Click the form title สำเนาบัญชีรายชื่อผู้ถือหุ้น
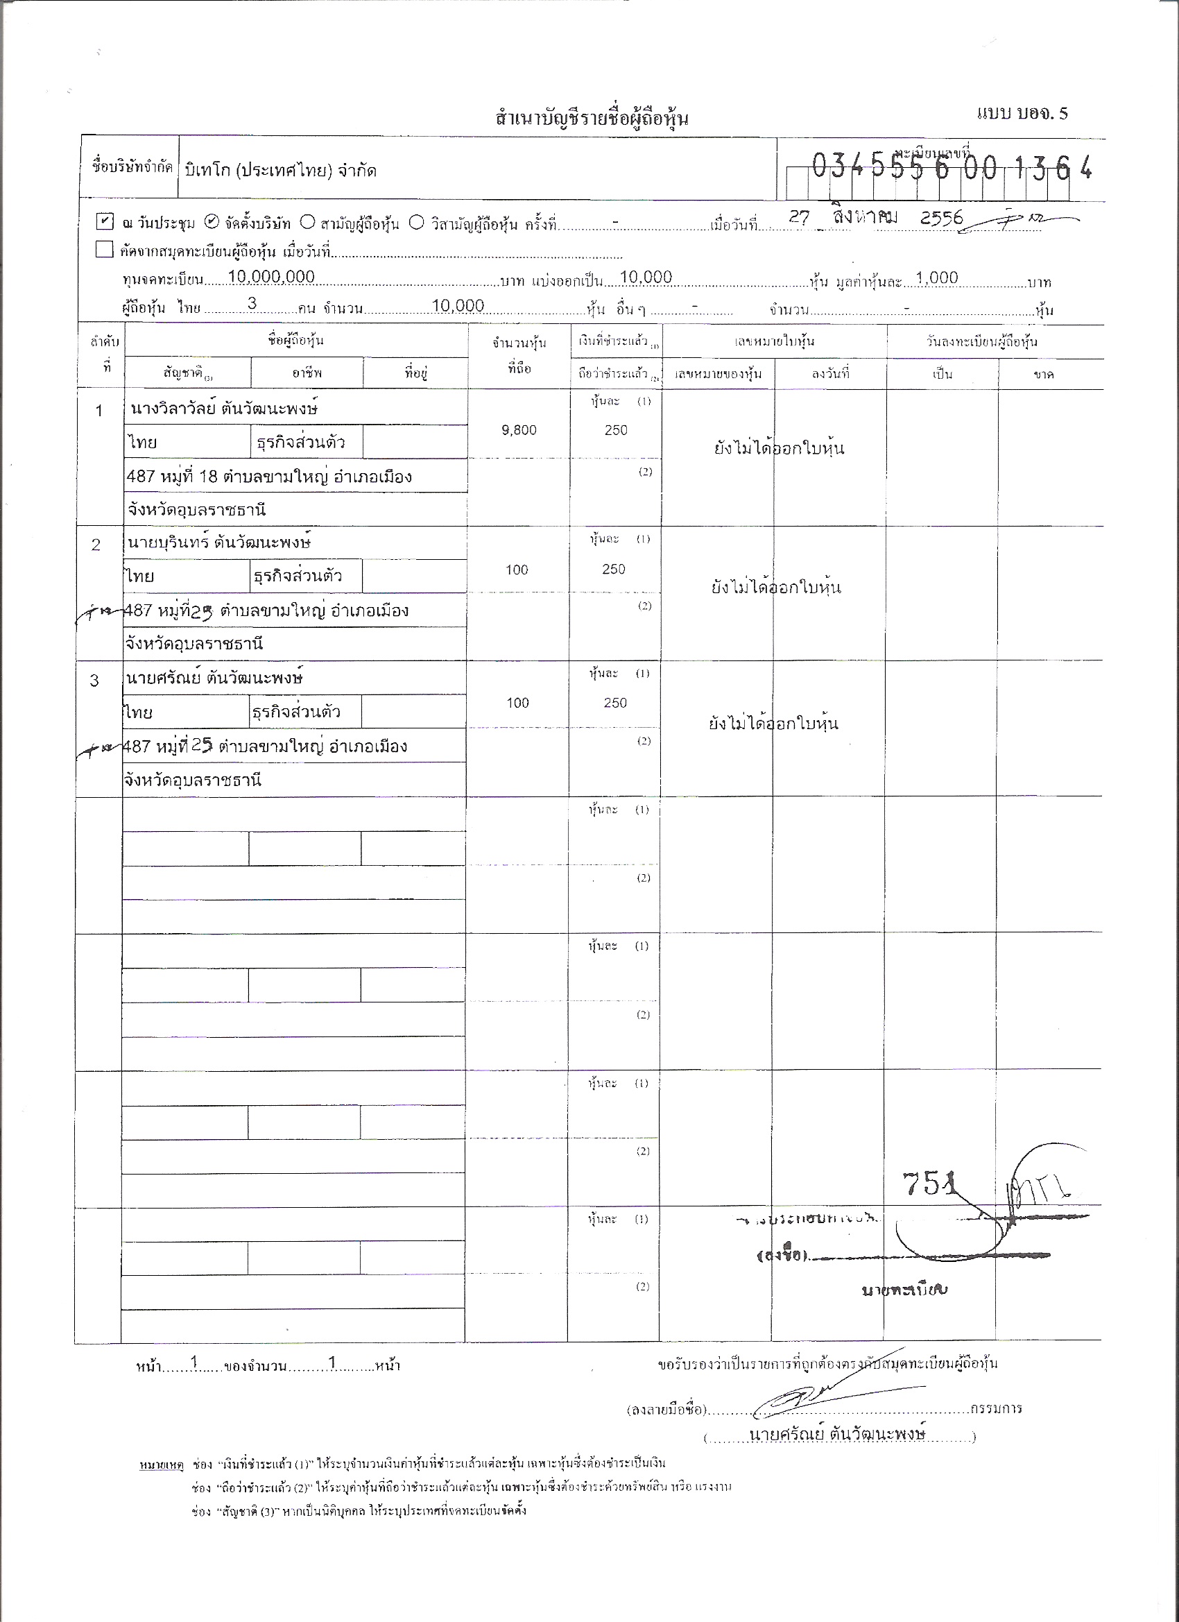[592, 117]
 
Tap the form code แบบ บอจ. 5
[1022, 113]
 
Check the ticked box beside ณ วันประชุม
[105, 221]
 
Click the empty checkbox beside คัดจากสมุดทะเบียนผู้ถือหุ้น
[105, 250]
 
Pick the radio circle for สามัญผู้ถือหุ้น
[307, 222]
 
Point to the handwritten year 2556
[942, 218]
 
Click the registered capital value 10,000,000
[271, 278]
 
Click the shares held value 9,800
[519, 430]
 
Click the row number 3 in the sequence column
[94, 680]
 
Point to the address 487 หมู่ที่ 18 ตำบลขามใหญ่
[269, 477]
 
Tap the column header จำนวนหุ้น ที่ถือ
[519, 355]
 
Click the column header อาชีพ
[307, 373]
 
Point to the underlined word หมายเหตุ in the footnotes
[162, 1463]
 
